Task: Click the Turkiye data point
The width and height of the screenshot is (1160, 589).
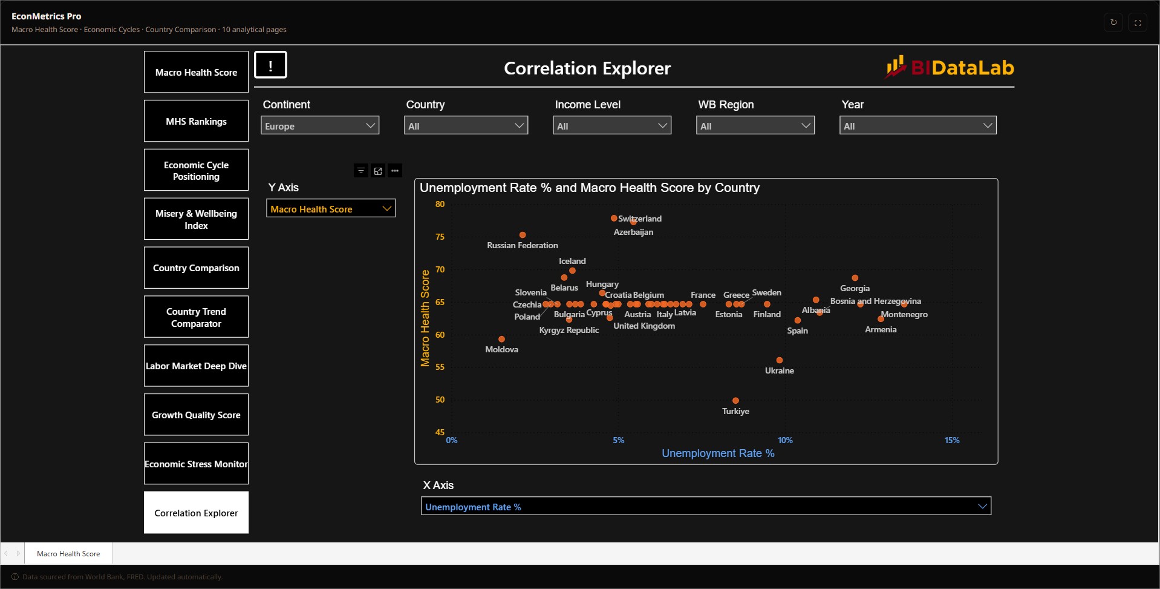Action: click(735, 401)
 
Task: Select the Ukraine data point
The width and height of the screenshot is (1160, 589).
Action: click(780, 360)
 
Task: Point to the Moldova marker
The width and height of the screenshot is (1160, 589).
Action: click(501, 339)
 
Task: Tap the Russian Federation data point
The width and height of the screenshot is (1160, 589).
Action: click(523, 235)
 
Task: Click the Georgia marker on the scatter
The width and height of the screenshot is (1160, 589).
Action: click(855, 278)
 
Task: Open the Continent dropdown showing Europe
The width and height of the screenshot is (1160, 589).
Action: click(320, 125)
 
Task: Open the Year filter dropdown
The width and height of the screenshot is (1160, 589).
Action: click(917, 125)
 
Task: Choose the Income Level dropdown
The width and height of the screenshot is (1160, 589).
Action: click(612, 125)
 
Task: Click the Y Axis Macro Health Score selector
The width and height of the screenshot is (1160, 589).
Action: click(331, 208)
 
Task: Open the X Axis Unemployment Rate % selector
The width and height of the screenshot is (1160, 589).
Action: click(706, 506)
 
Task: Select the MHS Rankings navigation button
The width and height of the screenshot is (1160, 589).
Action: click(196, 121)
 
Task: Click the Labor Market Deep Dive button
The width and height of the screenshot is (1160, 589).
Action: click(196, 366)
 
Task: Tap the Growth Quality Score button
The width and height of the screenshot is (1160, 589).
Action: click(196, 415)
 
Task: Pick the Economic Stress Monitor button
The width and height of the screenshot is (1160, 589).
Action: click(196, 464)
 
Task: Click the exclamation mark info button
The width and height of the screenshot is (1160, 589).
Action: click(270, 65)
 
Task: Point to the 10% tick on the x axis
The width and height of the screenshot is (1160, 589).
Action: click(785, 440)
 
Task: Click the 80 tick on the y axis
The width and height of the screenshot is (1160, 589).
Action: click(440, 204)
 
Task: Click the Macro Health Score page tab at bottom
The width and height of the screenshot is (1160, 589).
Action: click(68, 553)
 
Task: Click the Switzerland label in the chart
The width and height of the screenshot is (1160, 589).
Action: click(640, 219)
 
